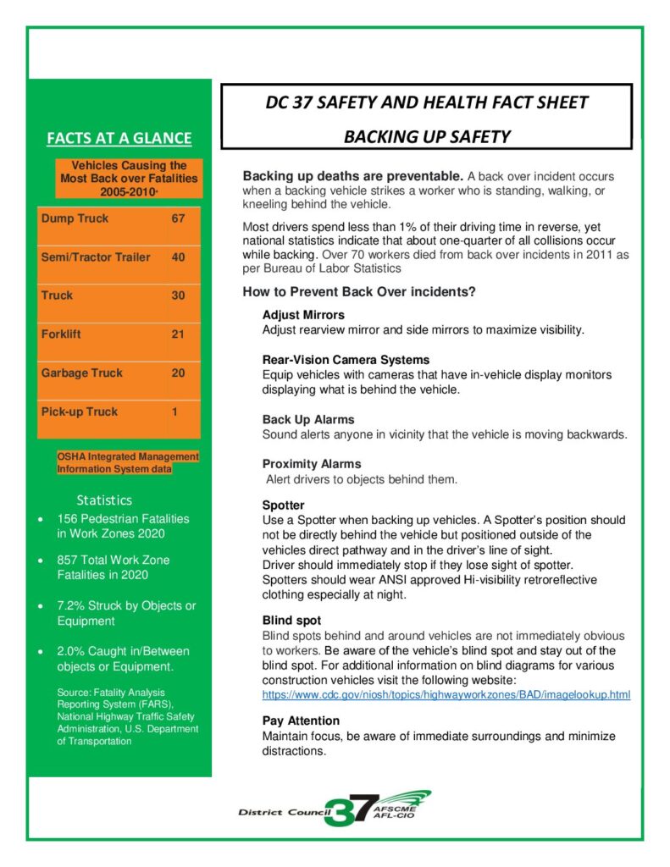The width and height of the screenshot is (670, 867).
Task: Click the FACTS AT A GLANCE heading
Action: (119, 138)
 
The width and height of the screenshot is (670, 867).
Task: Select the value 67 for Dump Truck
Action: (178, 218)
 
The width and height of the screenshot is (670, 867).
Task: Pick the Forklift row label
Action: (61, 334)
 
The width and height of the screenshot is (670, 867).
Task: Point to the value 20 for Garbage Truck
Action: (178, 373)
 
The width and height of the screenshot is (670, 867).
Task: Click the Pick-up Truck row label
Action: (80, 411)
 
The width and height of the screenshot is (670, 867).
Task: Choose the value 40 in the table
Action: (178, 257)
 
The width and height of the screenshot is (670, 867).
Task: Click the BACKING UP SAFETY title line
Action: (426, 137)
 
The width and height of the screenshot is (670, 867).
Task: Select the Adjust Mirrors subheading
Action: (303, 315)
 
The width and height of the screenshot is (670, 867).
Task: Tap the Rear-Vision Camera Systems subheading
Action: (346, 360)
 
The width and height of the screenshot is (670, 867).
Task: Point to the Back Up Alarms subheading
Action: (308, 419)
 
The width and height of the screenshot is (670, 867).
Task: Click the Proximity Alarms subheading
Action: (312, 464)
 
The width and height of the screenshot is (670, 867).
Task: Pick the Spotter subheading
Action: (284, 505)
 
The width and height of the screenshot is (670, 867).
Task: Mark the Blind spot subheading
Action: (291, 621)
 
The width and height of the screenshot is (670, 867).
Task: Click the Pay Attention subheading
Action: (301, 721)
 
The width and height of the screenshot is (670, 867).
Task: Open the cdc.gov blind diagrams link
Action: (446, 695)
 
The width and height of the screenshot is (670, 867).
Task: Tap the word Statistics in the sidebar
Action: (104, 500)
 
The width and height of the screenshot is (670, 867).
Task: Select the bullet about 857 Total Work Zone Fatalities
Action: (114, 567)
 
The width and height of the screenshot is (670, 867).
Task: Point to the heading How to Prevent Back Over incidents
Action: (359, 293)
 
